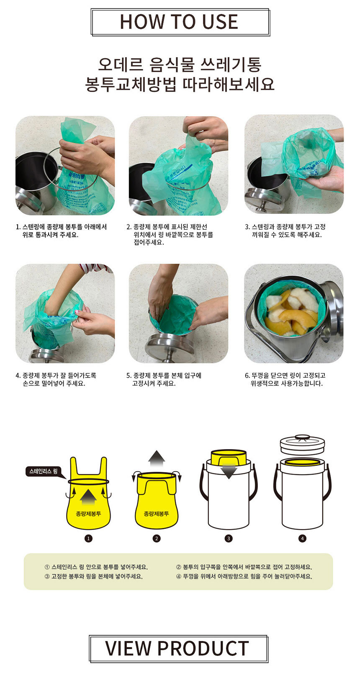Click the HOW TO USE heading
[x=179, y=22]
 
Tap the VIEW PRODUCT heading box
[x=178, y=648]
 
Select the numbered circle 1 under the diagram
[x=88, y=538]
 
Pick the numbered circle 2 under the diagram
[x=157, y=538]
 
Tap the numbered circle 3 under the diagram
[x=229, y=538]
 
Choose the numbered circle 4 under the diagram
[x=302, y=538]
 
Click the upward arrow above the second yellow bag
[x=157, y=458]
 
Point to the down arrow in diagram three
[x=229, y=470]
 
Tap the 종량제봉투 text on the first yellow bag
[x=88, y=514]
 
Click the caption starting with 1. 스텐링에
[x=62, y=231]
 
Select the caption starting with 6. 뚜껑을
[x=285, y=380]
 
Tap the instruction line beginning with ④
[x=244, y=576]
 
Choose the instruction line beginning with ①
[x=96, y=567]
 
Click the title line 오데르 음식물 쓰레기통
[x=180, y=64]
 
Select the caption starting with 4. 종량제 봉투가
[x=56, y=380]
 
